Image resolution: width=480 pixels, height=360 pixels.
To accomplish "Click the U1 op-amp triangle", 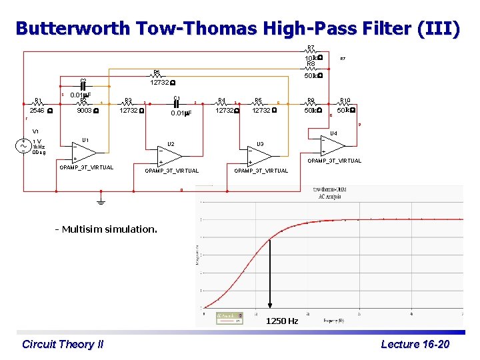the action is click(83, 153).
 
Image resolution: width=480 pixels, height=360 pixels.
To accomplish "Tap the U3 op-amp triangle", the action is click(259, 155).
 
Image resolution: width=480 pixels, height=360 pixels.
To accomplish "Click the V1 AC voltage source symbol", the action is click(25, 146).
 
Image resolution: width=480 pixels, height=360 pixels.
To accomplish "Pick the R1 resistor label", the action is click(39, 101).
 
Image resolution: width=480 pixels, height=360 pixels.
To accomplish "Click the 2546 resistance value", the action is click(37, 111).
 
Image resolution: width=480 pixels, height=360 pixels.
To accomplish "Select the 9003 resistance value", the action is click(84, 111).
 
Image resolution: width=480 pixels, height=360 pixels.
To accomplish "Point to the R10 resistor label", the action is click(345, 101).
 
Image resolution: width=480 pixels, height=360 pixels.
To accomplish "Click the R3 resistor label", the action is click(129, 101).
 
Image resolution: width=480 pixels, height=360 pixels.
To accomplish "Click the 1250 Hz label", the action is click(282, 321).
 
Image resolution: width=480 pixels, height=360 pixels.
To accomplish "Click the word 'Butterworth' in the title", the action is click(72, 29).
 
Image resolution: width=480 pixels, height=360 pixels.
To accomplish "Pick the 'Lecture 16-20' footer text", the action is click(415, 344).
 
